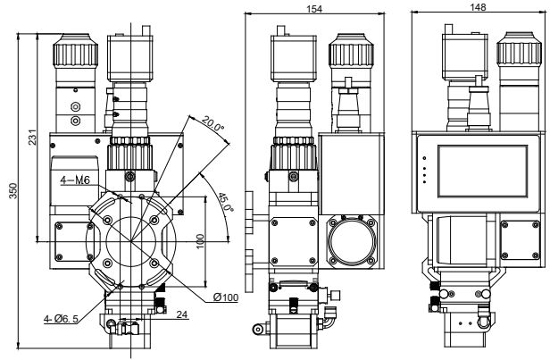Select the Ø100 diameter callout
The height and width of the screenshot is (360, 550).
pyautogui.click(x=226, y=297)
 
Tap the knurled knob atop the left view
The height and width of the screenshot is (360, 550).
pyautogui.click(x=71, y=51)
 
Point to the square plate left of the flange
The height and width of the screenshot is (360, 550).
pyautogui.click(x=71, y=239)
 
